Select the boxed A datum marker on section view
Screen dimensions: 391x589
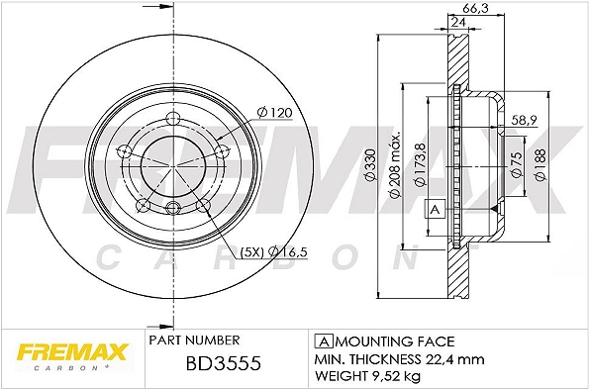pyautogui.click(x=433, y=209)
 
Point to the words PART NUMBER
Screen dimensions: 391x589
pyautogui.click(x=190, y=338)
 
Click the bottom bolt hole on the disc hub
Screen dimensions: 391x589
pyautogui.click(x=173, y=207)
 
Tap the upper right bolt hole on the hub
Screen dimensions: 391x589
pyautogui.click(x=222, y=149)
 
